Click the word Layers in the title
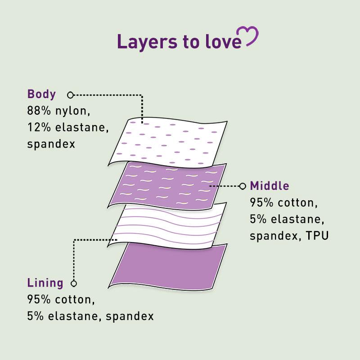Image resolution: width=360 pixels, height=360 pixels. (147, 42)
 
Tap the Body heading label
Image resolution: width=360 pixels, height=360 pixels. (41, 94)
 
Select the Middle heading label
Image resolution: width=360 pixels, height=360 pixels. (269, 186)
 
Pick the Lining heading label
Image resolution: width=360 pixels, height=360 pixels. (45, 283)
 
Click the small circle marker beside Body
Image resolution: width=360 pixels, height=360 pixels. (70, 95)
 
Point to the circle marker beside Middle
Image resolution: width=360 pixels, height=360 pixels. (243, 186)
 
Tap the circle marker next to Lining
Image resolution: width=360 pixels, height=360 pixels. (74, 283)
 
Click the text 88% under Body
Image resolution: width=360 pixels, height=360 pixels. (39, 111)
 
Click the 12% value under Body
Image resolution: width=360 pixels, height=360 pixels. (39, 127)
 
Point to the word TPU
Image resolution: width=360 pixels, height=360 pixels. (317, 236)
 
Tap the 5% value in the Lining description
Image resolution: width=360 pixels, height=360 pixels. (36, 316)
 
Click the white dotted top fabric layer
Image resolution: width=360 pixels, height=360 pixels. (167, 142)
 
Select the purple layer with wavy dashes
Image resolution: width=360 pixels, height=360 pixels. (167, 185)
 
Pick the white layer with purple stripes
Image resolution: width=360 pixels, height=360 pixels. (167, 226)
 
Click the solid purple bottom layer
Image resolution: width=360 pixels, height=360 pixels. (167, 266)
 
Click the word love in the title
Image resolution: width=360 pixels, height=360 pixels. (223, 42)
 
